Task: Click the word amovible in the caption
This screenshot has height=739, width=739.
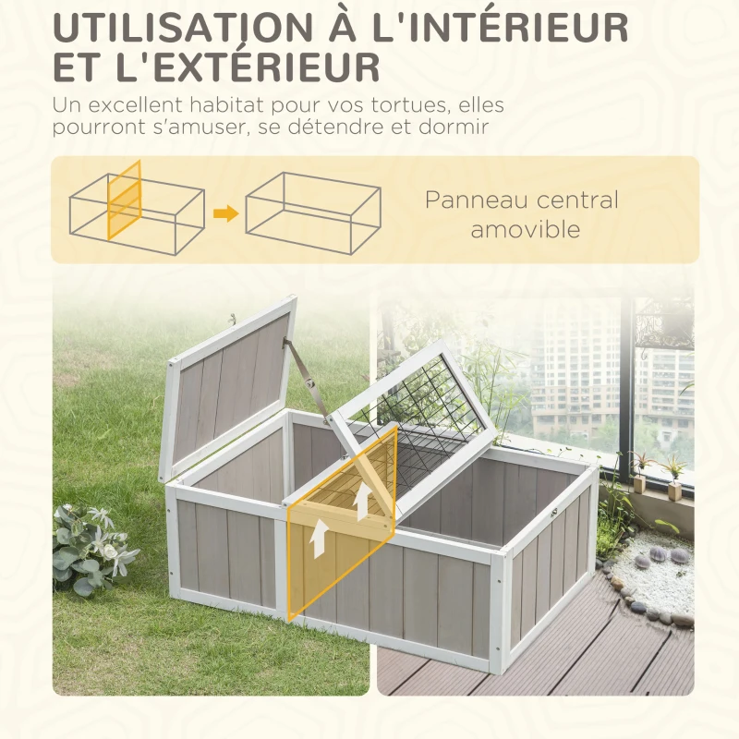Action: click(x=526, y=229)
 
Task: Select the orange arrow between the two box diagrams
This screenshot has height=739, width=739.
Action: click(x=225, y=214)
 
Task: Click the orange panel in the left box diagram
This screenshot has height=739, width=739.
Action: click(x=125, y=200)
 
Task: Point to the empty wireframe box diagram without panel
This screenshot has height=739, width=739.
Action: click(x=313, y=212)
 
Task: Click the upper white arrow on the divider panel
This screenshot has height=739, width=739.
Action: click(x=364, y=501)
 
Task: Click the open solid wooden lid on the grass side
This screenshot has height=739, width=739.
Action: click(x=226, y=383)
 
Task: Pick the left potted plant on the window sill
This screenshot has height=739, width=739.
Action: click(x=639, y=471)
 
